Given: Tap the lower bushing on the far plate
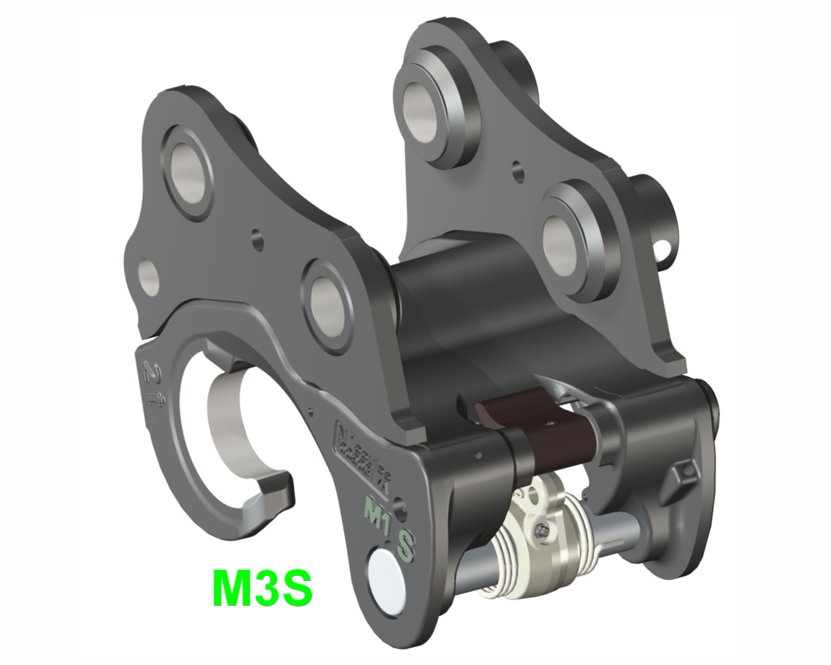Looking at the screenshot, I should tap(562, 240).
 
